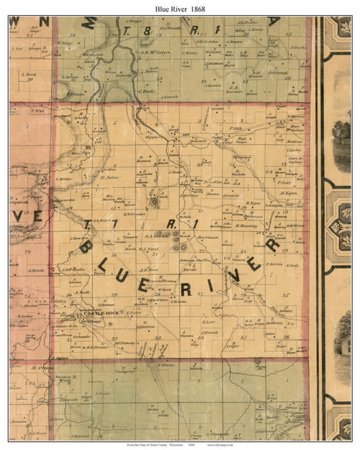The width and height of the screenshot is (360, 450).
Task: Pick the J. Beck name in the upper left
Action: click(29, 74)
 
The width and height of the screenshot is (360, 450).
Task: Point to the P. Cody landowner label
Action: click(284, 182)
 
